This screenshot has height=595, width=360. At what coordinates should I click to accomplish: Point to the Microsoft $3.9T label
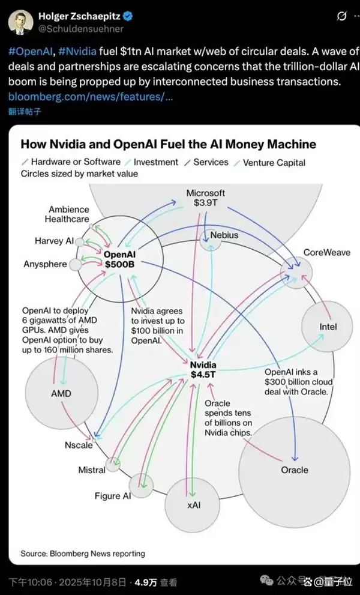click(x=206, y=198)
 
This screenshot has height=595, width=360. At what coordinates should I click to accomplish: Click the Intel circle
click(x=327, y=327)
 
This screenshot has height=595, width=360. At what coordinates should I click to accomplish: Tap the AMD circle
click(x=61, y=393)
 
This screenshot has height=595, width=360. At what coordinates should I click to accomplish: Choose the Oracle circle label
click(x=294, y=470)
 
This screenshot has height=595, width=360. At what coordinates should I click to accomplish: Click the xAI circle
click(x=194, y=505)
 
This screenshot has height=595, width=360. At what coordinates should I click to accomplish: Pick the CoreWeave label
click(x=326, y=252)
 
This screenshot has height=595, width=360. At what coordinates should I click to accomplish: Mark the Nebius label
click(x=224, y=235)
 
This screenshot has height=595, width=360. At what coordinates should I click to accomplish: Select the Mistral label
click(x=92, y=470)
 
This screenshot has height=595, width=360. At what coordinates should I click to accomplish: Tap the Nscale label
click(x=79, y=445)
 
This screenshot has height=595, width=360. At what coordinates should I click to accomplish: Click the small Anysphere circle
click(x=76, y=264)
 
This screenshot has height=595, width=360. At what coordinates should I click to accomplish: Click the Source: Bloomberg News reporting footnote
click(x=83, y=553)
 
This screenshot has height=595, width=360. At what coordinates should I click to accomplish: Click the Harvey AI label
click(x=54, y=241)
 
